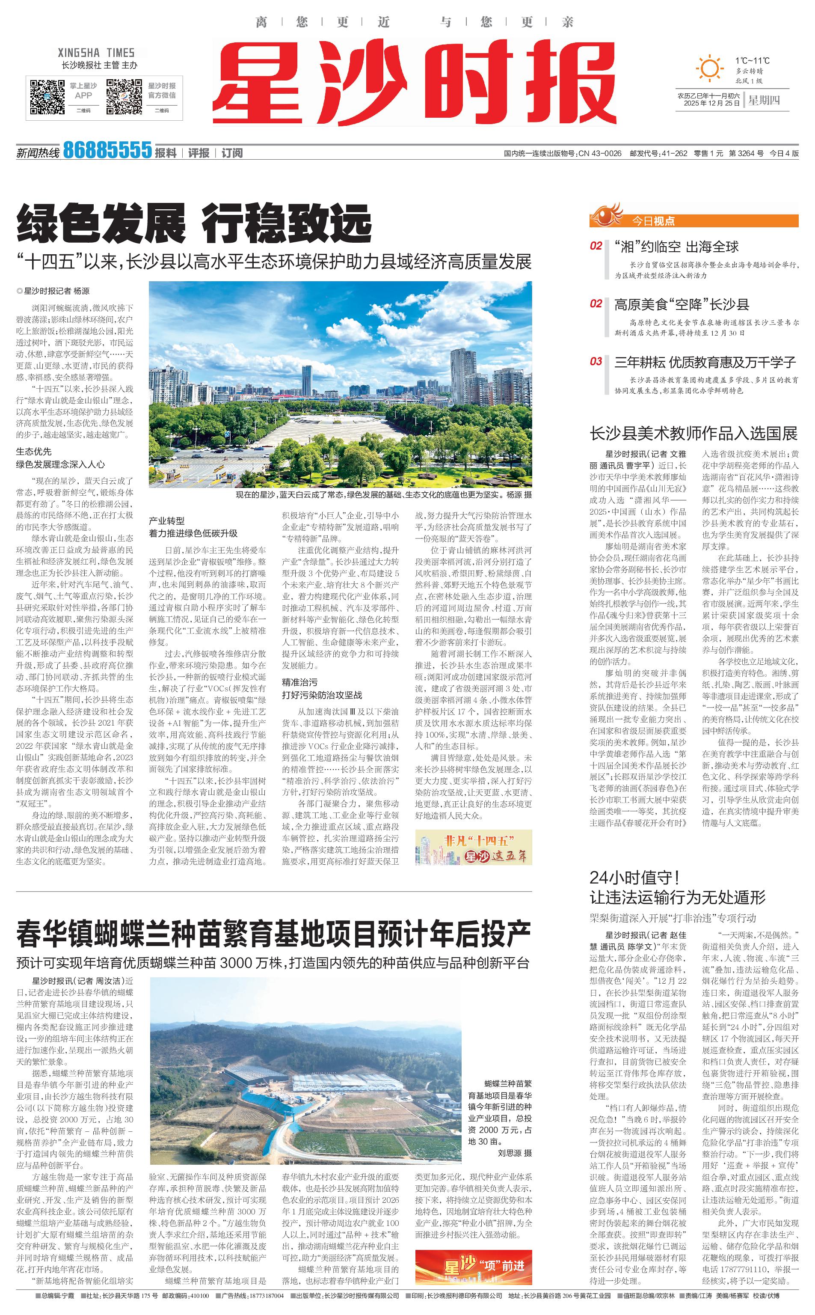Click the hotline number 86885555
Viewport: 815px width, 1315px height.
click(107, 150)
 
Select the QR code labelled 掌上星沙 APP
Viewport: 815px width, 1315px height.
click(47, 97)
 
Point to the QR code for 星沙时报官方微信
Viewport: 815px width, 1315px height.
click(124, 97)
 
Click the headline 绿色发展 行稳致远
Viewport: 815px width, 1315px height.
click(194, 223)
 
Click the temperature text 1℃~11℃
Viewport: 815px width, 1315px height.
click(752, 61)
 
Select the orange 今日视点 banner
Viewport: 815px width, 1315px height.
click(694, 220)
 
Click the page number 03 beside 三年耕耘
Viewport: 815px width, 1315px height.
click(596, 361)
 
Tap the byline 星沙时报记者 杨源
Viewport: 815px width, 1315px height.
click(53, 291)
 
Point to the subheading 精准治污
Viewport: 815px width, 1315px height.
click(300, 682)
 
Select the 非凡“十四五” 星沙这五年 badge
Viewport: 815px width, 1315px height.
click(473, 847)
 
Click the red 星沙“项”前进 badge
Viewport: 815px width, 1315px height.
click(473, 1267)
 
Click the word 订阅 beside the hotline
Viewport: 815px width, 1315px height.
click(232, 153)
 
